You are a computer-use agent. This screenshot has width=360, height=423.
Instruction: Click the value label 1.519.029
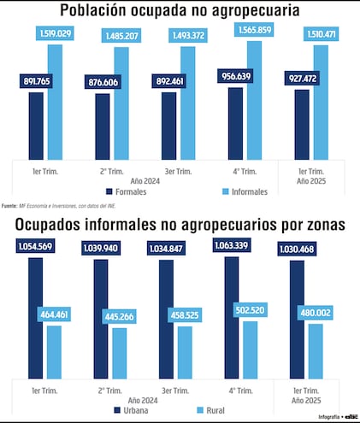click(x=55, y=33)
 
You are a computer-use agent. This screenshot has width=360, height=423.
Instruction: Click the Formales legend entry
click(x=127, y=191)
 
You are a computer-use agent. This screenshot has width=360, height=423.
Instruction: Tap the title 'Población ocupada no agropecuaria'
click(x=180, y=11)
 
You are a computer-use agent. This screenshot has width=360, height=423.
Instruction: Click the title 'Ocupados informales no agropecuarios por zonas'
click(x=180, y=226)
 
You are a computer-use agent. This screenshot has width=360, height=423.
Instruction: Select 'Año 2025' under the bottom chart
click(x=308, y=399)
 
